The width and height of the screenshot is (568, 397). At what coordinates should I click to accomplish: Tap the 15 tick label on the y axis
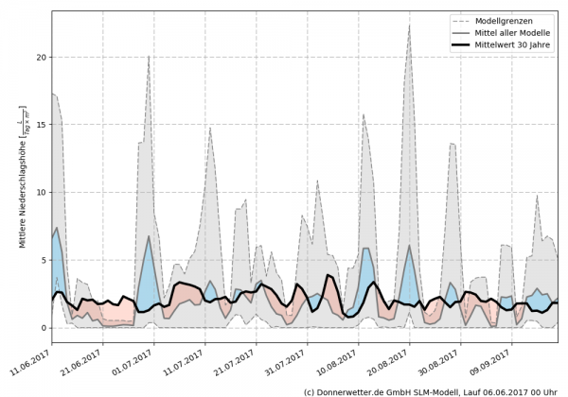click(39, 125)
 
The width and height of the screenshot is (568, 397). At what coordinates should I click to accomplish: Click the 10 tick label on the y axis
click(39, 193)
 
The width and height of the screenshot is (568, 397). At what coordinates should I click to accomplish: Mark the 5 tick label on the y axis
click(42, 260)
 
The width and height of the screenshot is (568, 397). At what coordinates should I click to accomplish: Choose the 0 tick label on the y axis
click(42, 328)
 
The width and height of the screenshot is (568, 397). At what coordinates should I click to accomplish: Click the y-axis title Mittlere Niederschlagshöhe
click(22, 177)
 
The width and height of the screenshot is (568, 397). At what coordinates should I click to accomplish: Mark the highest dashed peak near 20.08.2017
click(409, 26)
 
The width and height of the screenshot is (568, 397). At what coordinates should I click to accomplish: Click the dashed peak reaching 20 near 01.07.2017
click(149, 57)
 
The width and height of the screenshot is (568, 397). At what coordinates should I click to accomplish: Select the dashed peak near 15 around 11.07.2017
click(210, 128)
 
